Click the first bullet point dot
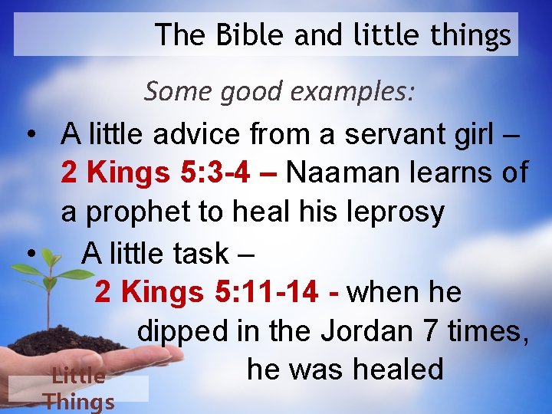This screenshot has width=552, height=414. coord(31,135)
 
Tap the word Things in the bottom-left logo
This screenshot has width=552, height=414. coord(79,401)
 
